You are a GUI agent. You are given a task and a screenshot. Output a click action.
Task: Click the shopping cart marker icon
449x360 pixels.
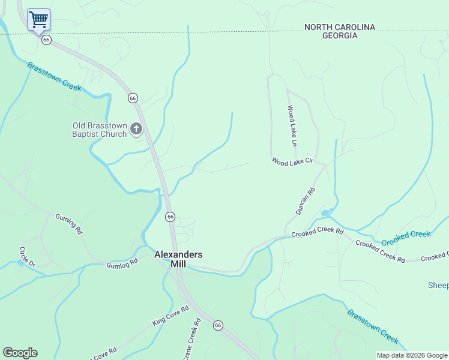point(38,20)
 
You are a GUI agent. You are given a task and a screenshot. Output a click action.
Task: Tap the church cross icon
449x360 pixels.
point(136,128)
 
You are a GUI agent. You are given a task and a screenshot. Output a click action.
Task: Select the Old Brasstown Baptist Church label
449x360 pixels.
point(100,130)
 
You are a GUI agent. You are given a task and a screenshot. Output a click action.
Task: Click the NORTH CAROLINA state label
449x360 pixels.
point(339,27)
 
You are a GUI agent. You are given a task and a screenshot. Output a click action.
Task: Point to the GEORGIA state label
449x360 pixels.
point(339,36)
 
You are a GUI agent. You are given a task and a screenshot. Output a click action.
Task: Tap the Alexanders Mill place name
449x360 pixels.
point(178,259)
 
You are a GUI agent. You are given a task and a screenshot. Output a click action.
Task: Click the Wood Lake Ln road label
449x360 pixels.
point(292,126)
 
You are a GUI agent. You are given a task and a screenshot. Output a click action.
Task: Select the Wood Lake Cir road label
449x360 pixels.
point(293,161)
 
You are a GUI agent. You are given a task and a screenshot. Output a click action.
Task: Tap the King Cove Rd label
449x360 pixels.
point(170,316)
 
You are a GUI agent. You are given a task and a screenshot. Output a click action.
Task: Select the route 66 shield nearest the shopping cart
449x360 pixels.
point(46,40)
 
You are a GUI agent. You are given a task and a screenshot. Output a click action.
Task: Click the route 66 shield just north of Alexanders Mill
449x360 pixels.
point(170,217)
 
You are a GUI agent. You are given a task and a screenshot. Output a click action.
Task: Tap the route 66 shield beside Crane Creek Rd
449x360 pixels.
point(218,325)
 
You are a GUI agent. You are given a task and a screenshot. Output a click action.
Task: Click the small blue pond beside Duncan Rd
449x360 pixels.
point(326,213)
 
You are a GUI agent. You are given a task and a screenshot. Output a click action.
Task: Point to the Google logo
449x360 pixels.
point(20,353)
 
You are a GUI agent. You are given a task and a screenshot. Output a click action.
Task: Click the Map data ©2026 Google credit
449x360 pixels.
point(412,355)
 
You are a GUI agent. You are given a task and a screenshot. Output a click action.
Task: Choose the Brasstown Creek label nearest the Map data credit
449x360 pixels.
point(373,326)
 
